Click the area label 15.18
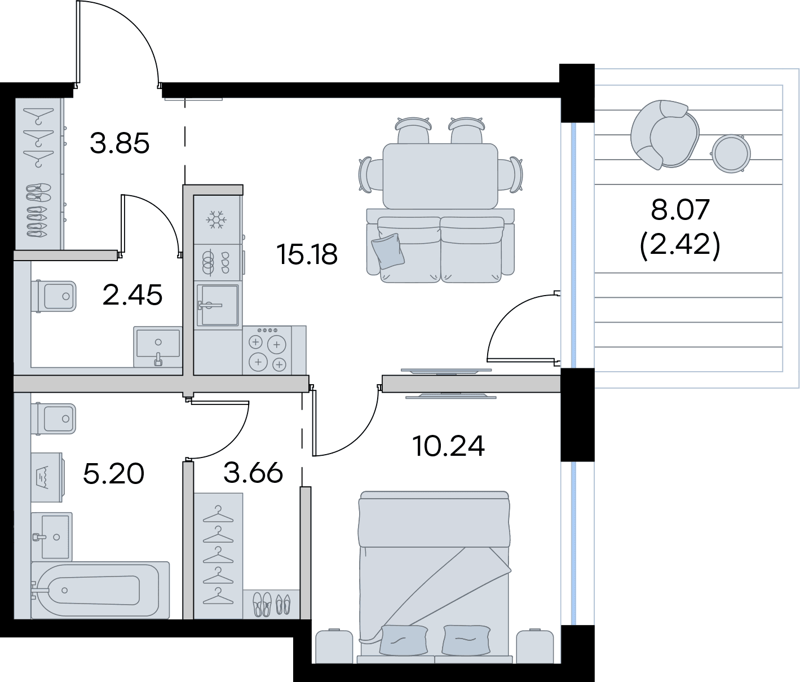pyautogui.click(x=307, y=254)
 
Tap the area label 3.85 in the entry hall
pyautogui.click(x=119, y=143)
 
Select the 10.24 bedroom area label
pyautogui.click(x=448, y=446)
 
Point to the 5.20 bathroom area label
pyautogui.click(x=113, y=474)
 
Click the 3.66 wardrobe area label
pyautogui.click(x=253, y=473)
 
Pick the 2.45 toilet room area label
pyautogui.click(x=132, y=294)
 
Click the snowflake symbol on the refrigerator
pyautogui.click(x=216, y=220)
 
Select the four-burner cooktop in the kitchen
pyautogui.click(x=267, y=350)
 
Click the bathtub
pyautogui.click(x=100, y=590)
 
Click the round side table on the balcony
pyautogui.click(x=731, y=153)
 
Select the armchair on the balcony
pyautogui.click(x=665, y=134)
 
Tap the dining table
pyautogui.click(x=440, y=176)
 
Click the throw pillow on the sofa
pyautogui.click(x=388, y=252)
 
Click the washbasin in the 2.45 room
pyautogui.click(x=158, y=346)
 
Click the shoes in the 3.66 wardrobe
pyautogui.click(x=271, y=604)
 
